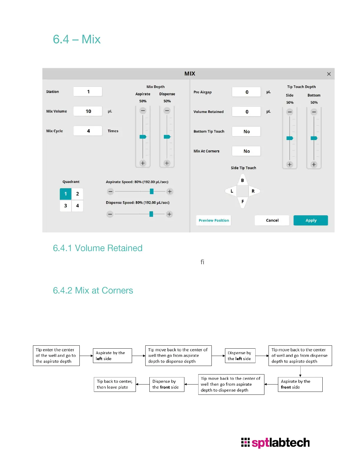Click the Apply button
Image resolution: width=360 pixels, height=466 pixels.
(x=311, y=220)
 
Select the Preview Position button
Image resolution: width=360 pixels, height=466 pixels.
(x=214, y=220)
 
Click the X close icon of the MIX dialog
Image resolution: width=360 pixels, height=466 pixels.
(x=329, y=74)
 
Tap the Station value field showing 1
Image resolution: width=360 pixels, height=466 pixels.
(x=88, y=91)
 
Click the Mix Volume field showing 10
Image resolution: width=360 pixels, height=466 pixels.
(x=88, y=111)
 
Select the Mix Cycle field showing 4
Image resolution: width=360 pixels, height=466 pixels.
(x=88, y=131)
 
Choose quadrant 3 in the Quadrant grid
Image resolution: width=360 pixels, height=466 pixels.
(x=66, y=206)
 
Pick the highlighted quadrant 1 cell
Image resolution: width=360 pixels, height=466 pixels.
(x=66, y=194)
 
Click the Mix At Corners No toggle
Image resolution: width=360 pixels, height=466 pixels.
(x=246, y=151)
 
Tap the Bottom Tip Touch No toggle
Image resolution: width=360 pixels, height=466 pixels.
(x=246, y=132)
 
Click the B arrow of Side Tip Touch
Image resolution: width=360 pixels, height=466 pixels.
(x=242, y=180)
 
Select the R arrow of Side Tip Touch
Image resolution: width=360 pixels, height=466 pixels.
(x=253, y=191)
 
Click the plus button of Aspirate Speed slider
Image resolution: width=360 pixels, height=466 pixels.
(x=170, y=192)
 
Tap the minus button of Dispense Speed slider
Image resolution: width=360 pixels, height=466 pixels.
(x=110, y=214)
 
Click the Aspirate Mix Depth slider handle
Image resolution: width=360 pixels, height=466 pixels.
(x=143, y=137)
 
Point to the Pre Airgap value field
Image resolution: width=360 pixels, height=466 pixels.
(x=246, y=92)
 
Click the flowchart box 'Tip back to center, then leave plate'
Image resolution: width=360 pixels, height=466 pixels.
(x=115, y=384)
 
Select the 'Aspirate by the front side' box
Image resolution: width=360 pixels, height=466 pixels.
(x=300, y=384)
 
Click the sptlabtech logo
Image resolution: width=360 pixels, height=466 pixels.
(x=275, y=442)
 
